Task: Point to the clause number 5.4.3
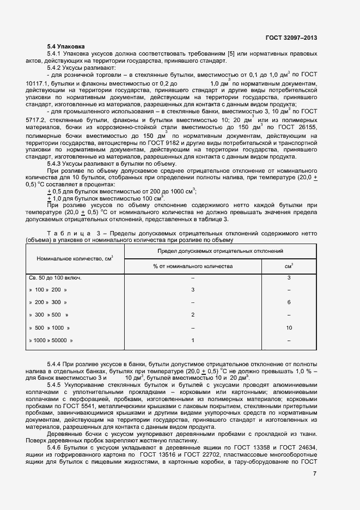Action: (56, 163)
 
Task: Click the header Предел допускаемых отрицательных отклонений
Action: (220, 251)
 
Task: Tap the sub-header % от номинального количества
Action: (193, 266)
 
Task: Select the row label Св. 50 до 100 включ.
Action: (55, 278)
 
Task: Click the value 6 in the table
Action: (289, 302)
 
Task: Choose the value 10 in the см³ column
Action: (289, 327)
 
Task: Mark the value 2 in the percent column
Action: (193, 315)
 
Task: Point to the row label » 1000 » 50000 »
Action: (51, 341)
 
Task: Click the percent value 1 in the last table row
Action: (193, 341)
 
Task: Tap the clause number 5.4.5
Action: (56, 385)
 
